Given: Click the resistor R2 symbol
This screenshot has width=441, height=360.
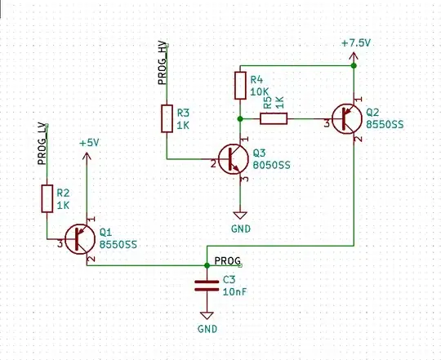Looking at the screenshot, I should (47, 198).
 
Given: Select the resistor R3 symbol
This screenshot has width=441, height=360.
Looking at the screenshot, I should (167, 118).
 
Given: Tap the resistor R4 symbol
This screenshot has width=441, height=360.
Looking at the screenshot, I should (239, 85).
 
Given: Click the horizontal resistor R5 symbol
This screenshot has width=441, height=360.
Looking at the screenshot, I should (274, 119).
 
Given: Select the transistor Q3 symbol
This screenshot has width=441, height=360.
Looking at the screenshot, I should (234, 158).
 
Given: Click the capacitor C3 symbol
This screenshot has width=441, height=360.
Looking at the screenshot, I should (206, 286).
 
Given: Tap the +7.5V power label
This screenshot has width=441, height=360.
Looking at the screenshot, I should (358, 43).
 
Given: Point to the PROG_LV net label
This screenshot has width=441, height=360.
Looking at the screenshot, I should (42, 144).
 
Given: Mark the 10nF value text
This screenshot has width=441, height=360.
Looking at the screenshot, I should (235, 291).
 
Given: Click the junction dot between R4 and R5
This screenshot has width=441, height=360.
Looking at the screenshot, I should (239, 119).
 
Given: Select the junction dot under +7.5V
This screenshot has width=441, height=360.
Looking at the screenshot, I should (354, 65).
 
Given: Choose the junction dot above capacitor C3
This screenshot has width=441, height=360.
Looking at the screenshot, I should (206, 265).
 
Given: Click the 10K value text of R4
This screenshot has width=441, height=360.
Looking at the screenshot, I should (258, 91).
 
